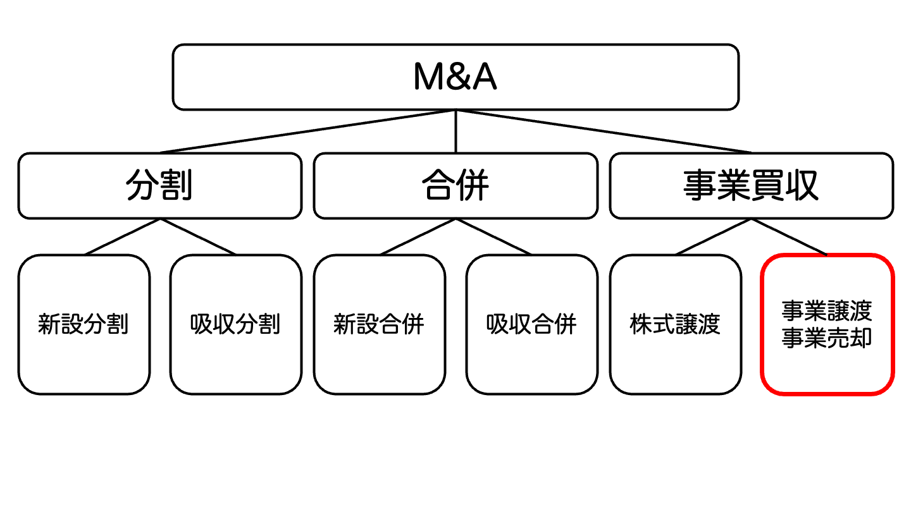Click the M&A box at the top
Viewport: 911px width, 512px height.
(455, 77)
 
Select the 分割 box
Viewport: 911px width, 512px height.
(159, 186)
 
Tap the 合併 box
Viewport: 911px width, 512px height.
(455, 186)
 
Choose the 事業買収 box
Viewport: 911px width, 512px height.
(752, 186)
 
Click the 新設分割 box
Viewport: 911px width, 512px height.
(84, 324)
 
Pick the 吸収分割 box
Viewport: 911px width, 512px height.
(236, 324)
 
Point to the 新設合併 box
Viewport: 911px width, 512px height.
(380, 324)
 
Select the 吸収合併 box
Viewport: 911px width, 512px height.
(532, 324)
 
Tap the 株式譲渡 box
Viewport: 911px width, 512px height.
(676, 324)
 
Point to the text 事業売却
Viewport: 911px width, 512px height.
(827, 339)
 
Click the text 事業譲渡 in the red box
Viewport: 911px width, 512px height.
(827, 311)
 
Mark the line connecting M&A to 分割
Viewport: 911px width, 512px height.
(307, 131)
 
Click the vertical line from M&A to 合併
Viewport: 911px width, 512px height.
(455, 131)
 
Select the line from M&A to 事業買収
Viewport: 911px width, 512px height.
(604, 131)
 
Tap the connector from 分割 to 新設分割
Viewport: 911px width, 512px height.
(122, 237)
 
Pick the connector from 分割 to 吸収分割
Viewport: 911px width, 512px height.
(198, 237)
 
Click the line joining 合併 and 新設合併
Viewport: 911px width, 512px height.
(418, 237)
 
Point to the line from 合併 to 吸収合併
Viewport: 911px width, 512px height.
(494, 237)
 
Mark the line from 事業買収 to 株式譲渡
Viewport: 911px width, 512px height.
(714, 237)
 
